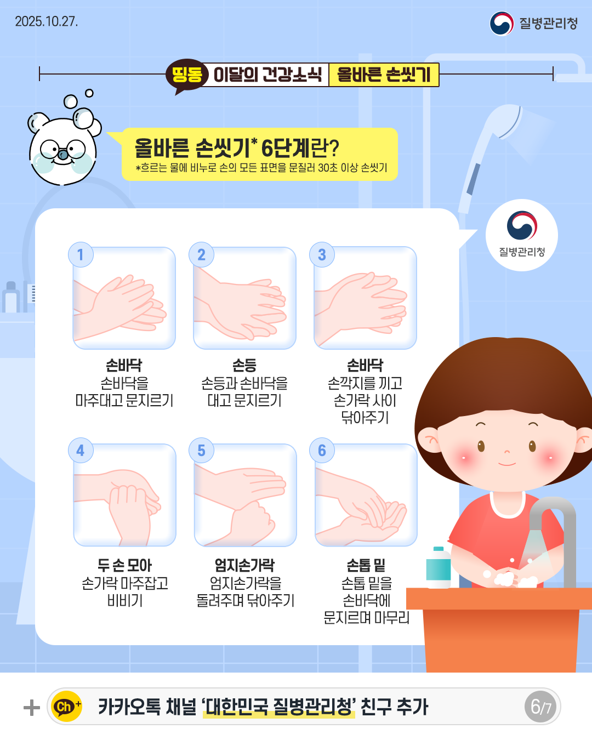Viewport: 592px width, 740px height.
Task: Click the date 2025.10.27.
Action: (x=47, y=21)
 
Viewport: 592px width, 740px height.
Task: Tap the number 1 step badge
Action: (x=81, y=255)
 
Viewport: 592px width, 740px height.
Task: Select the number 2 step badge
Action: (x=201, y=255)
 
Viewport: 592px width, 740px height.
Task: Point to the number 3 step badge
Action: (x=322, y=255)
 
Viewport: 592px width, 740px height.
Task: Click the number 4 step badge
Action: (x=81, y=451)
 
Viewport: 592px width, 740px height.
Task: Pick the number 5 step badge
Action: (x=201, y=451)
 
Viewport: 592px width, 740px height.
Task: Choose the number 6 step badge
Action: (x=322, y=451)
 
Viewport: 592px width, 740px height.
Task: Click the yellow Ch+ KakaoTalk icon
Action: (x=66, y=707)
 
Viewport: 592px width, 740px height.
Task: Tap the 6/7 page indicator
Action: (x=541, y=707)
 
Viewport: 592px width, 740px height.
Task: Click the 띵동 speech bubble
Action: (x=186, y=75)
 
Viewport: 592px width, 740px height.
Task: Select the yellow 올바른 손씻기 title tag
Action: (x=384, y=75)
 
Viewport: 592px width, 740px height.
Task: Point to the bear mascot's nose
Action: (x=63, y=155)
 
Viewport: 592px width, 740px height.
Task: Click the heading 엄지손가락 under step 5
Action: (x=244, y=565)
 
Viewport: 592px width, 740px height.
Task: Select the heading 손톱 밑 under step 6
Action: (x=366, y=565)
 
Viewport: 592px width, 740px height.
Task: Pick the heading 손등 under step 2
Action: (x=244, y=365)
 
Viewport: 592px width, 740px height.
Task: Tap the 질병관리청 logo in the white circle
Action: (x=522, y=235)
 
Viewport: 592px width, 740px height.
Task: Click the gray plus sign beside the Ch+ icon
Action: (x=32, y=707)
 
